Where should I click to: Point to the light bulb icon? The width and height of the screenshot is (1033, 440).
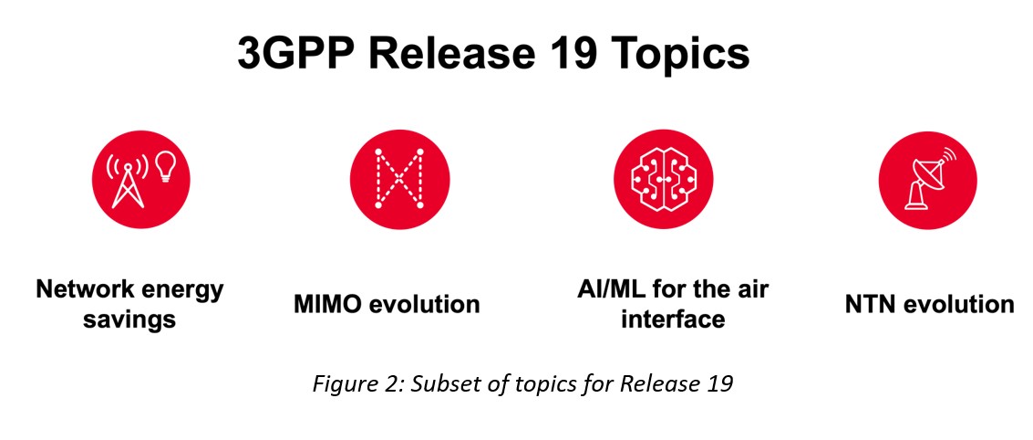click(165, 166)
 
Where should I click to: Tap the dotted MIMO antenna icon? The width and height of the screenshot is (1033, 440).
click(399, 179)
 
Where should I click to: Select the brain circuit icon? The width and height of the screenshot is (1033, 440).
click(663, 179)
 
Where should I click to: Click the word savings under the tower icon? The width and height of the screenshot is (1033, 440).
click(129, 320)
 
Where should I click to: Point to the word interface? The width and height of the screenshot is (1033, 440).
click(673, 320)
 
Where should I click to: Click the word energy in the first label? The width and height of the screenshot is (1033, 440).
click(181, 290)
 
